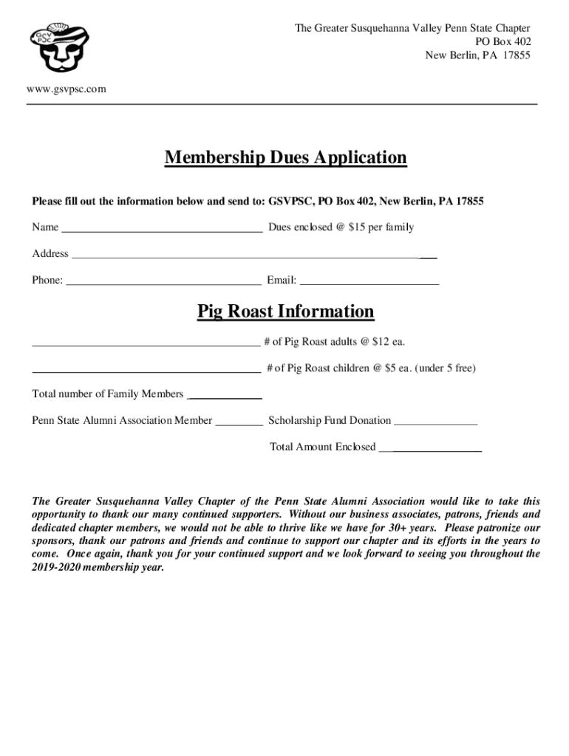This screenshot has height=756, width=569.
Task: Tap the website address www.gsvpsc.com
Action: [x=67, y=89]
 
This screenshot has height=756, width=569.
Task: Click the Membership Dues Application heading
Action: [x=285, y=158]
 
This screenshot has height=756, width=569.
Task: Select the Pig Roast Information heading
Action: [x=285, y=312]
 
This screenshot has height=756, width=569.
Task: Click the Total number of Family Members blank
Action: [x=225, y=396]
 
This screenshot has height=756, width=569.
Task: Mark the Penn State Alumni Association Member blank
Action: [x=238, y=423]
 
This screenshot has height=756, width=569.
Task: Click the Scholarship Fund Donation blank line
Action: [x=435, y=423]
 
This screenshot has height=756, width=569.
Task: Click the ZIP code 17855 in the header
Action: [x=515, y=55]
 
